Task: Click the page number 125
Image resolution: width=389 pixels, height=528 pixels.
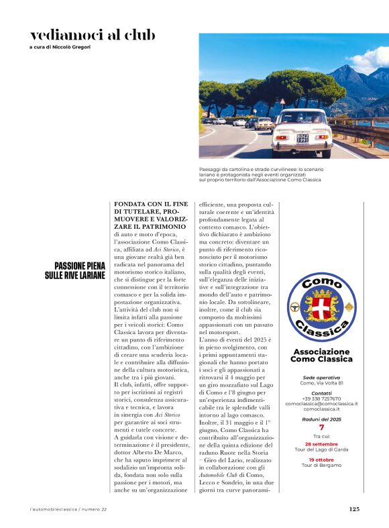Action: [354, 509]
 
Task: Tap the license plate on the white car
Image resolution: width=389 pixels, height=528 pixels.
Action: [302, 138]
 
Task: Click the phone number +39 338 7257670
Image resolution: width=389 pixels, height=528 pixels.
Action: [321, 399]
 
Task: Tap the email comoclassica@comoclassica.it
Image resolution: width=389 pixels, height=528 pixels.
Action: [321, 404]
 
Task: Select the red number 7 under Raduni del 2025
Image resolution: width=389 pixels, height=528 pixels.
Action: [321, 427]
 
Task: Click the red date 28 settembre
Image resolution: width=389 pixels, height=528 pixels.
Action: [321, 444]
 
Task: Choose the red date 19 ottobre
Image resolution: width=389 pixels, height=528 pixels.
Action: [321, 460]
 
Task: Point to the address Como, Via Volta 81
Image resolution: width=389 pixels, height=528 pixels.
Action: [321, 383]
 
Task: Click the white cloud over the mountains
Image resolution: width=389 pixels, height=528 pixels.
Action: [371, 58]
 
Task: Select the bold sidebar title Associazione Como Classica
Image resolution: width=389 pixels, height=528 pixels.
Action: [321, 356]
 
